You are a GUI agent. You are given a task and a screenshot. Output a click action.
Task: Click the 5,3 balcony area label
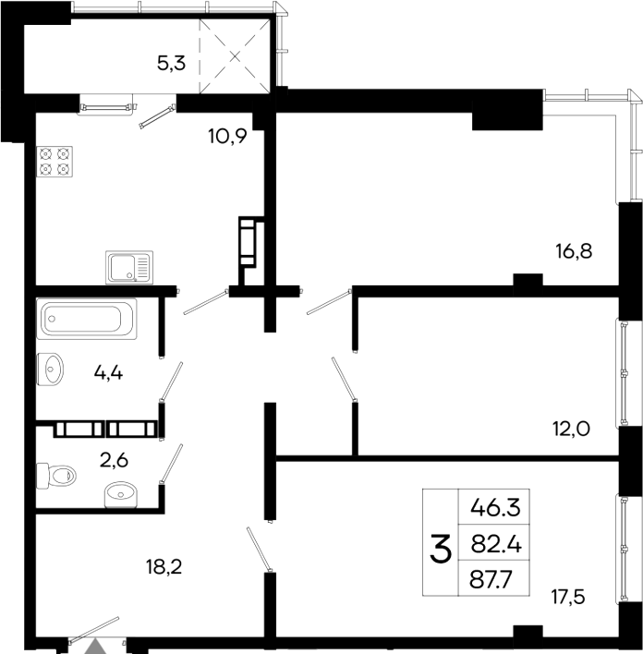tap(170, 64)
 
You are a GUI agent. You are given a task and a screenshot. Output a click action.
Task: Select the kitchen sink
tap(128, 268)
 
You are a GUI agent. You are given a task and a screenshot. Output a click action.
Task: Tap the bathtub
tap(87, 319)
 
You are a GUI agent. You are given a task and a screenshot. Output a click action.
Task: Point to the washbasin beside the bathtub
tap(51, 369)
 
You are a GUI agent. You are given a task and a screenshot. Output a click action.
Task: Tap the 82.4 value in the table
tap(496, 545)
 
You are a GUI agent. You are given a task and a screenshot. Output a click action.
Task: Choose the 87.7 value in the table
tap(496, 582)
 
